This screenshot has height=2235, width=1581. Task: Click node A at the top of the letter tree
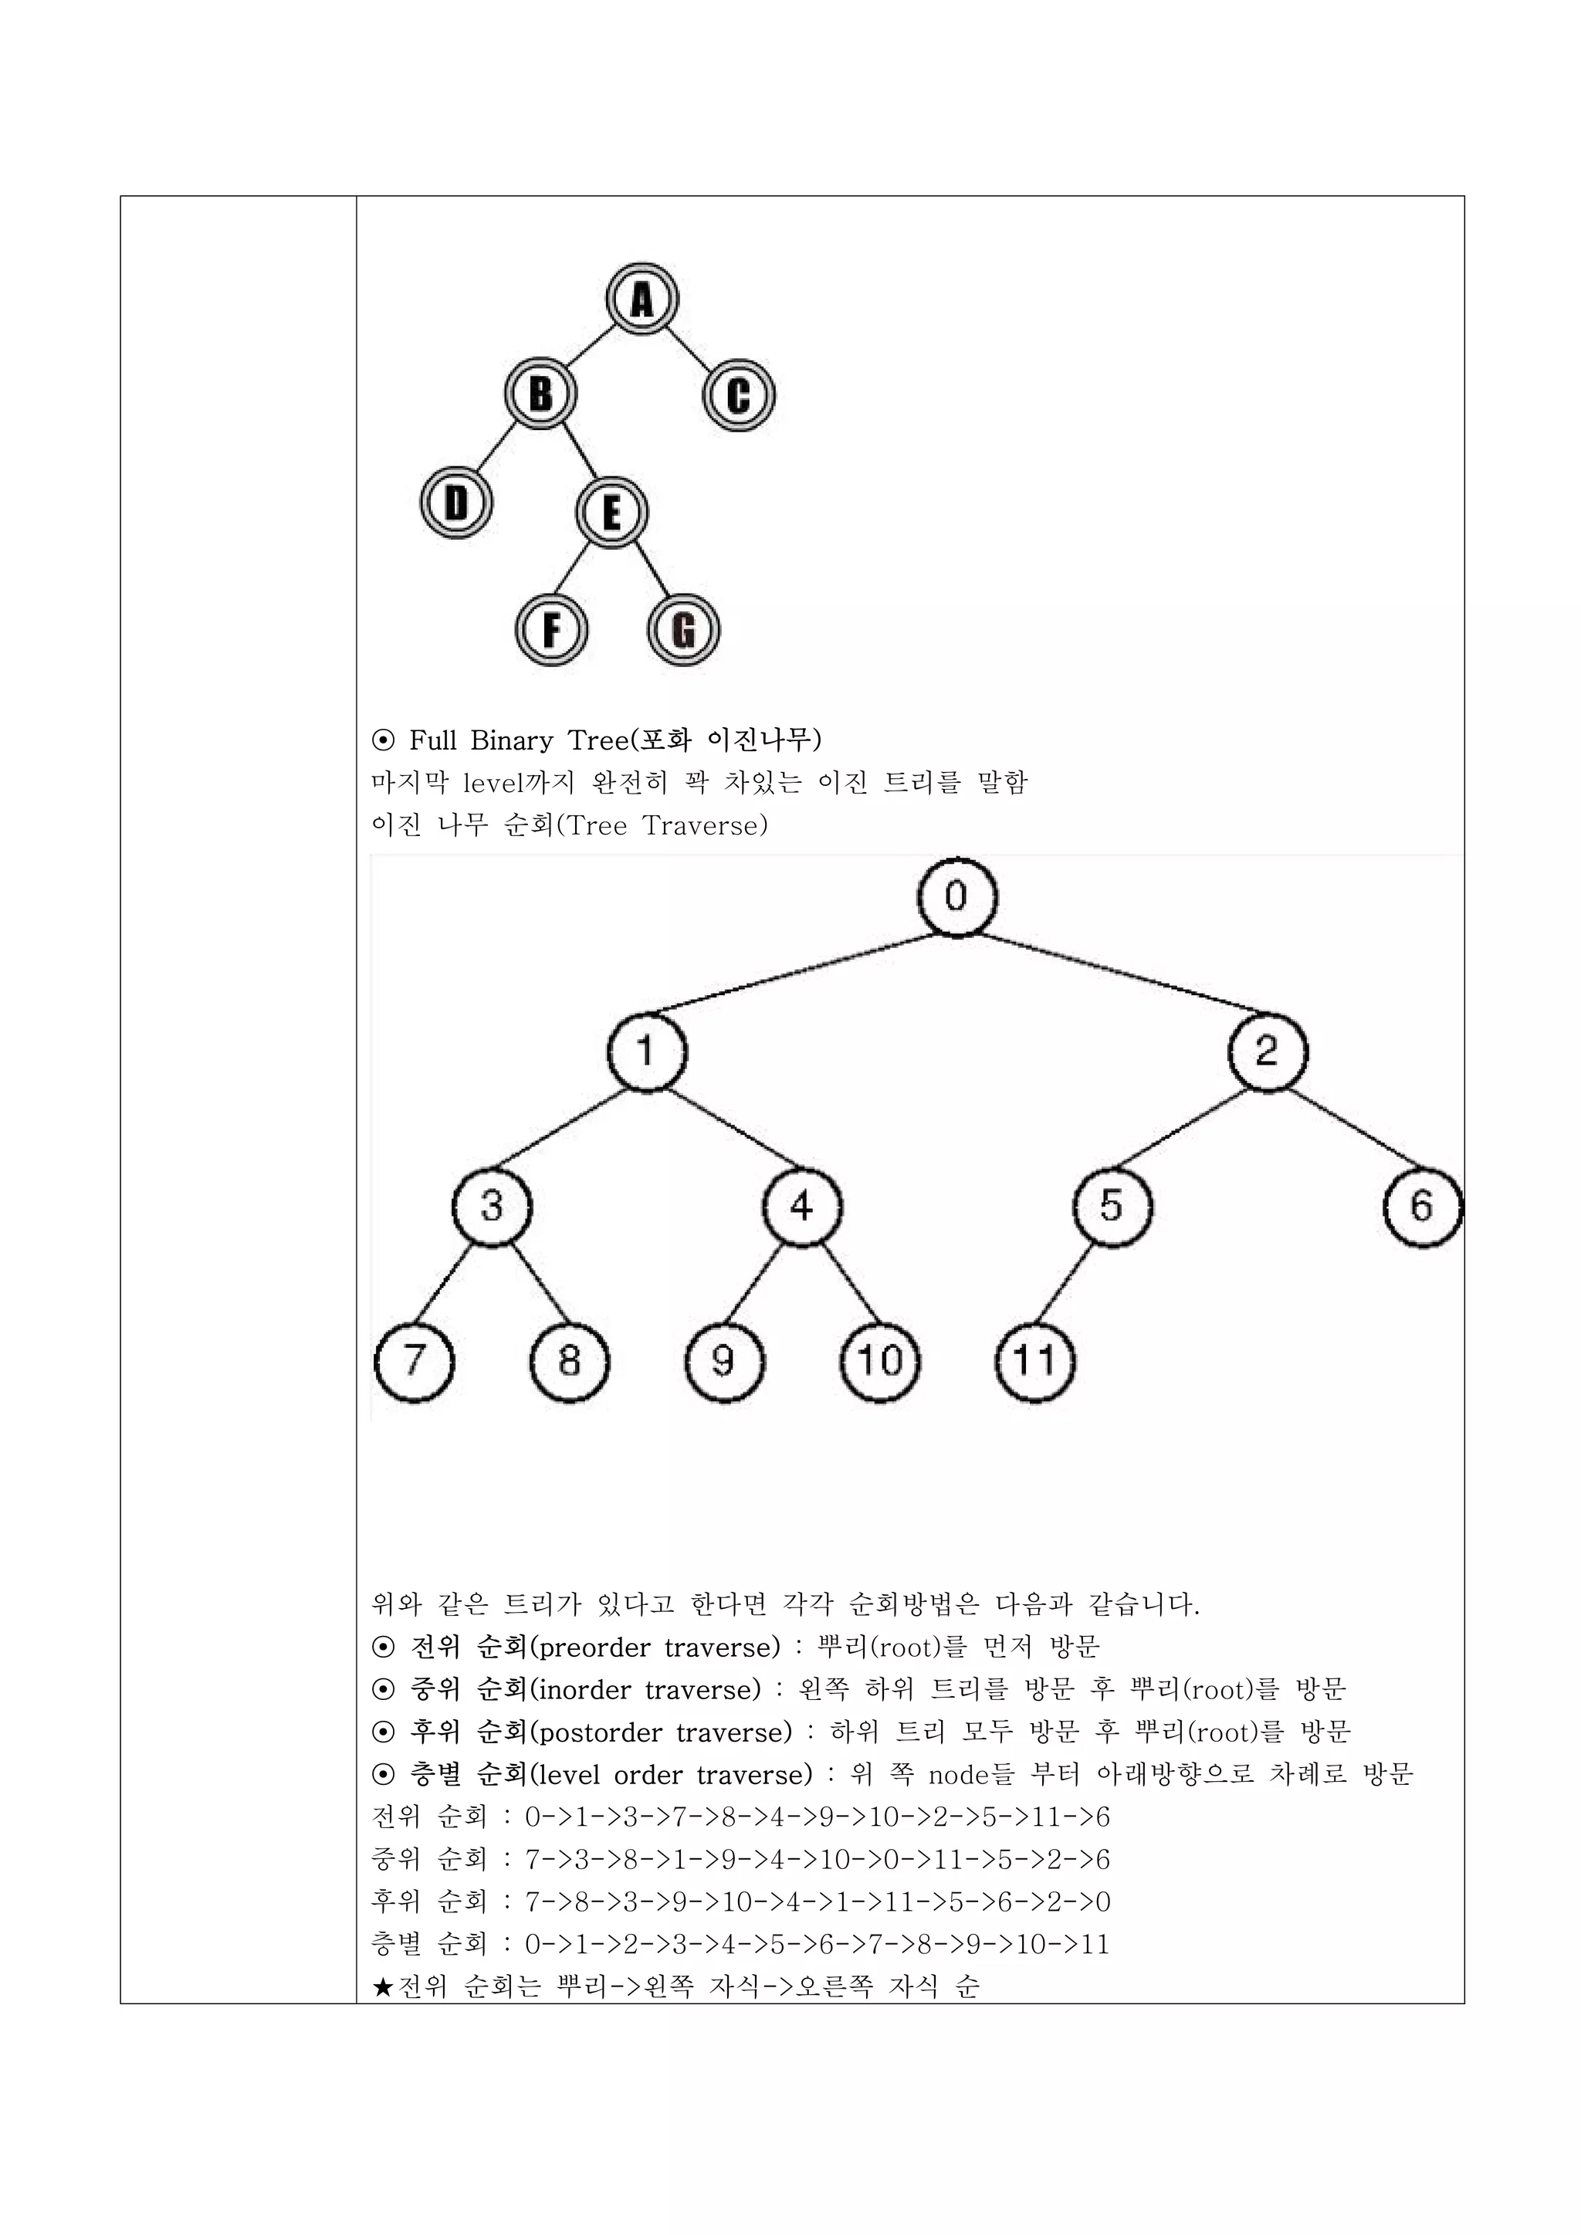642,299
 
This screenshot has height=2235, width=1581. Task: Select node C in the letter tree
739,395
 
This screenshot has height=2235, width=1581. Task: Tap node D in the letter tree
456,503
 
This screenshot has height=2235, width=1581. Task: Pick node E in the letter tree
611,512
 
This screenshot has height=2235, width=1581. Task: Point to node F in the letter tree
552,630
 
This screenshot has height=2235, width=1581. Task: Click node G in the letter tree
683,630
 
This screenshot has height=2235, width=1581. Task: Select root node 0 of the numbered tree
957,896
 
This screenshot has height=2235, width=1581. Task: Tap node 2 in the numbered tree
1268,1051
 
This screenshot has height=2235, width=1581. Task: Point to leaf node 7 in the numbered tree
415,1361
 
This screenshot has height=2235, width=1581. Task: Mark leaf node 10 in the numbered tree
880,1361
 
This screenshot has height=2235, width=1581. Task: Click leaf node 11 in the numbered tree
1035,1361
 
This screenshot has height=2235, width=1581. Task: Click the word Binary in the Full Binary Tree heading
510,741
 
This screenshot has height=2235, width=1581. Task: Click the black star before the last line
383,1986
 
